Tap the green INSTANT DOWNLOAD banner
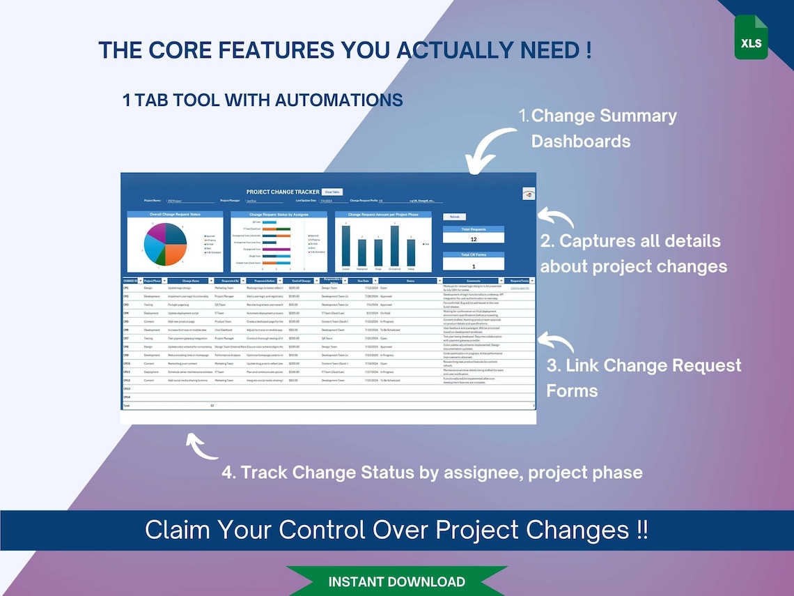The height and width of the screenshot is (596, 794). (x=396, y=581)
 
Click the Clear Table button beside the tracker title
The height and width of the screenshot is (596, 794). (x=332, y=192)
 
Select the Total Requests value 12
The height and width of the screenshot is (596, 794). (x=474, y=238)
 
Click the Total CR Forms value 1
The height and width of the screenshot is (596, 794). (x=474, y=266)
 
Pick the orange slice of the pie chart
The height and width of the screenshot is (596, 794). (x=176, y=252)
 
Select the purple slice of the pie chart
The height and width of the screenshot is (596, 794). (x=158, y=232)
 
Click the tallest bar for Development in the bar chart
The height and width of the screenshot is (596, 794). (x=395, y=245)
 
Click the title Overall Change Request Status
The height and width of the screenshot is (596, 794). (x=175, y=215)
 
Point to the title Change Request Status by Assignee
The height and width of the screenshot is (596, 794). (x=279, y=215)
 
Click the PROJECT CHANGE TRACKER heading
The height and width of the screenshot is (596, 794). (x=283, y=192)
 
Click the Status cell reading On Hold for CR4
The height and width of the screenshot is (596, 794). (x=385, y=313)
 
